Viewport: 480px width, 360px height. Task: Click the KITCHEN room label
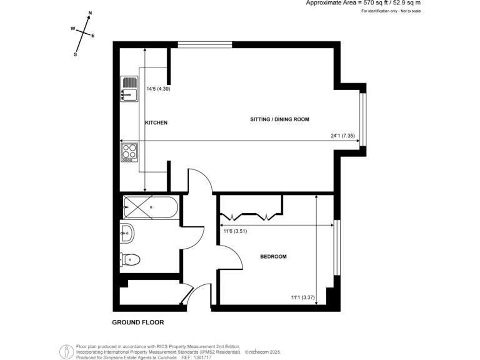point(156,123)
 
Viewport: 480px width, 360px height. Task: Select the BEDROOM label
point(273,257)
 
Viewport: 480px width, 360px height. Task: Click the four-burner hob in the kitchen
point(129,152)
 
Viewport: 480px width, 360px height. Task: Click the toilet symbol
point(131,259)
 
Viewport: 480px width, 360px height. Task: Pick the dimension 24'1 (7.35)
point(343,136)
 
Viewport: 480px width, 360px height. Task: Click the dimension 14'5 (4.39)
point(158,89)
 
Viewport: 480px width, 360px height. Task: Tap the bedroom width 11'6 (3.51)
point(236,231)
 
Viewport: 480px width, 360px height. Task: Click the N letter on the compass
point(90,13)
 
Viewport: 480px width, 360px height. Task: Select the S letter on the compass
point(76,54)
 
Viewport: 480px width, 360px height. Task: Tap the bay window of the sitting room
point(363,119)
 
